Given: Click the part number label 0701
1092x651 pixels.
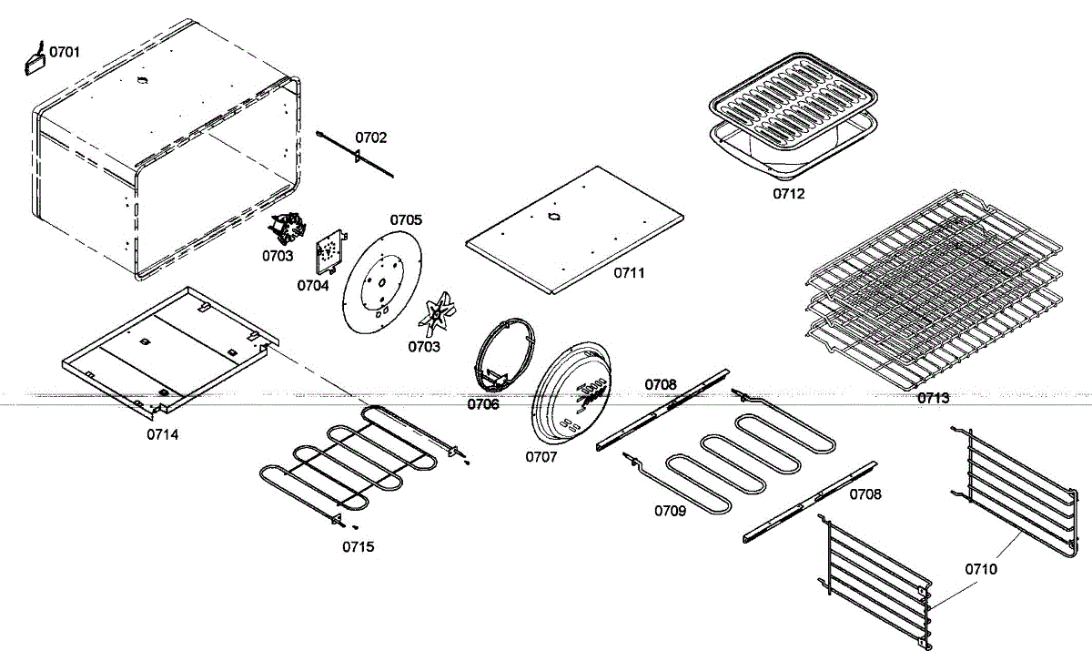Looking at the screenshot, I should (64, 52).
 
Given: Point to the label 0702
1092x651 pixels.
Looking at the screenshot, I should (370, 137).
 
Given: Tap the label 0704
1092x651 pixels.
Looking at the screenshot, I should (312, 285).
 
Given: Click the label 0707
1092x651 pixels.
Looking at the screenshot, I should (541, 457).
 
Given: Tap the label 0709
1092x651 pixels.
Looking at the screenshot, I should (670, 510).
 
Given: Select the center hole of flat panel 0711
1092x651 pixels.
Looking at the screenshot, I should (552, 217).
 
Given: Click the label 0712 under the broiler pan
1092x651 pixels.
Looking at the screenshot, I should (789, 194).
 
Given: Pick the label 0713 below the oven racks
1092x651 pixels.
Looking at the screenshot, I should (933, 398).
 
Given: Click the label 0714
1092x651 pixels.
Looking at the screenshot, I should (163, 434).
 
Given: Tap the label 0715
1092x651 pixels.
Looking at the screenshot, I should (358, 546).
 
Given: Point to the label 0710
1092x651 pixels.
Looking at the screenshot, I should (982, 569).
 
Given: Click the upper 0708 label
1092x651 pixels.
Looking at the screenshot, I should (661, 384).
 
